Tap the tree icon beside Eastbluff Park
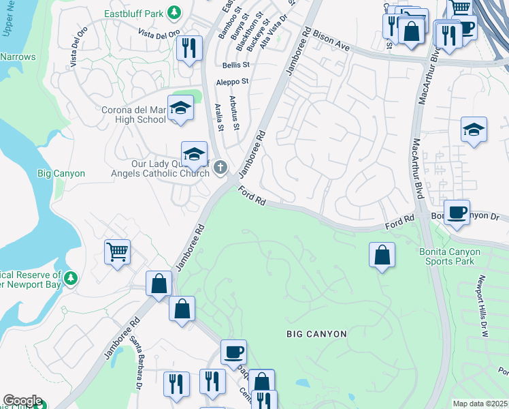175,12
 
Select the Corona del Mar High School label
124,114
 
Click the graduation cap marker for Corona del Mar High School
181,108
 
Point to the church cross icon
220,167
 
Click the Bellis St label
235,65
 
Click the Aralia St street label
219,116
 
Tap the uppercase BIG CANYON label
316,334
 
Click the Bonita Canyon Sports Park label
449,256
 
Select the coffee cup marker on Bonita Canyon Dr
457,211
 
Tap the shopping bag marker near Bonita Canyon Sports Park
382,255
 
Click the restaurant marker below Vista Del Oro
188,48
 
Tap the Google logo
22,401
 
